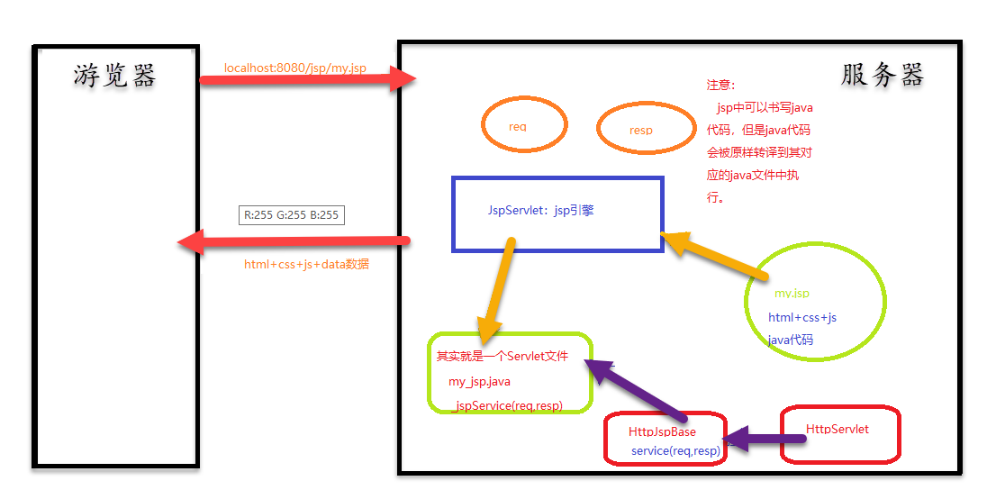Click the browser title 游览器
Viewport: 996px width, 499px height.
(115, 76)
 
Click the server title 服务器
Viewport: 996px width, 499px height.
(882, 75)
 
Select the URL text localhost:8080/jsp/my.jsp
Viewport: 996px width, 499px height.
(295, 68)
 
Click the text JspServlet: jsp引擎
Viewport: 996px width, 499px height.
(540, 211)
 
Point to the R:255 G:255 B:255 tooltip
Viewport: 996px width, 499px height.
(291, 215)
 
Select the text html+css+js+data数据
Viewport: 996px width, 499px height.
(306, 265)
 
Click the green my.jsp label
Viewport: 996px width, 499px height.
(792, 294)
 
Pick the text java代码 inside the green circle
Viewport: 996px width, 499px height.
(790, 340)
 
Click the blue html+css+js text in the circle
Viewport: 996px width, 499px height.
(801, 317)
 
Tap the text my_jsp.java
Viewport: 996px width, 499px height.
(479, 382)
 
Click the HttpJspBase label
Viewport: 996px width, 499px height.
(662, 432)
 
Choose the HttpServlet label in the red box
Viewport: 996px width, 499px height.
(837, 430)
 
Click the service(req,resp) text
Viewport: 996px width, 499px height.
(675, 450)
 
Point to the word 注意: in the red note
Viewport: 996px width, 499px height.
(721, 85)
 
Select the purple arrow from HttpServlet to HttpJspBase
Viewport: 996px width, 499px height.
(765, 440)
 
